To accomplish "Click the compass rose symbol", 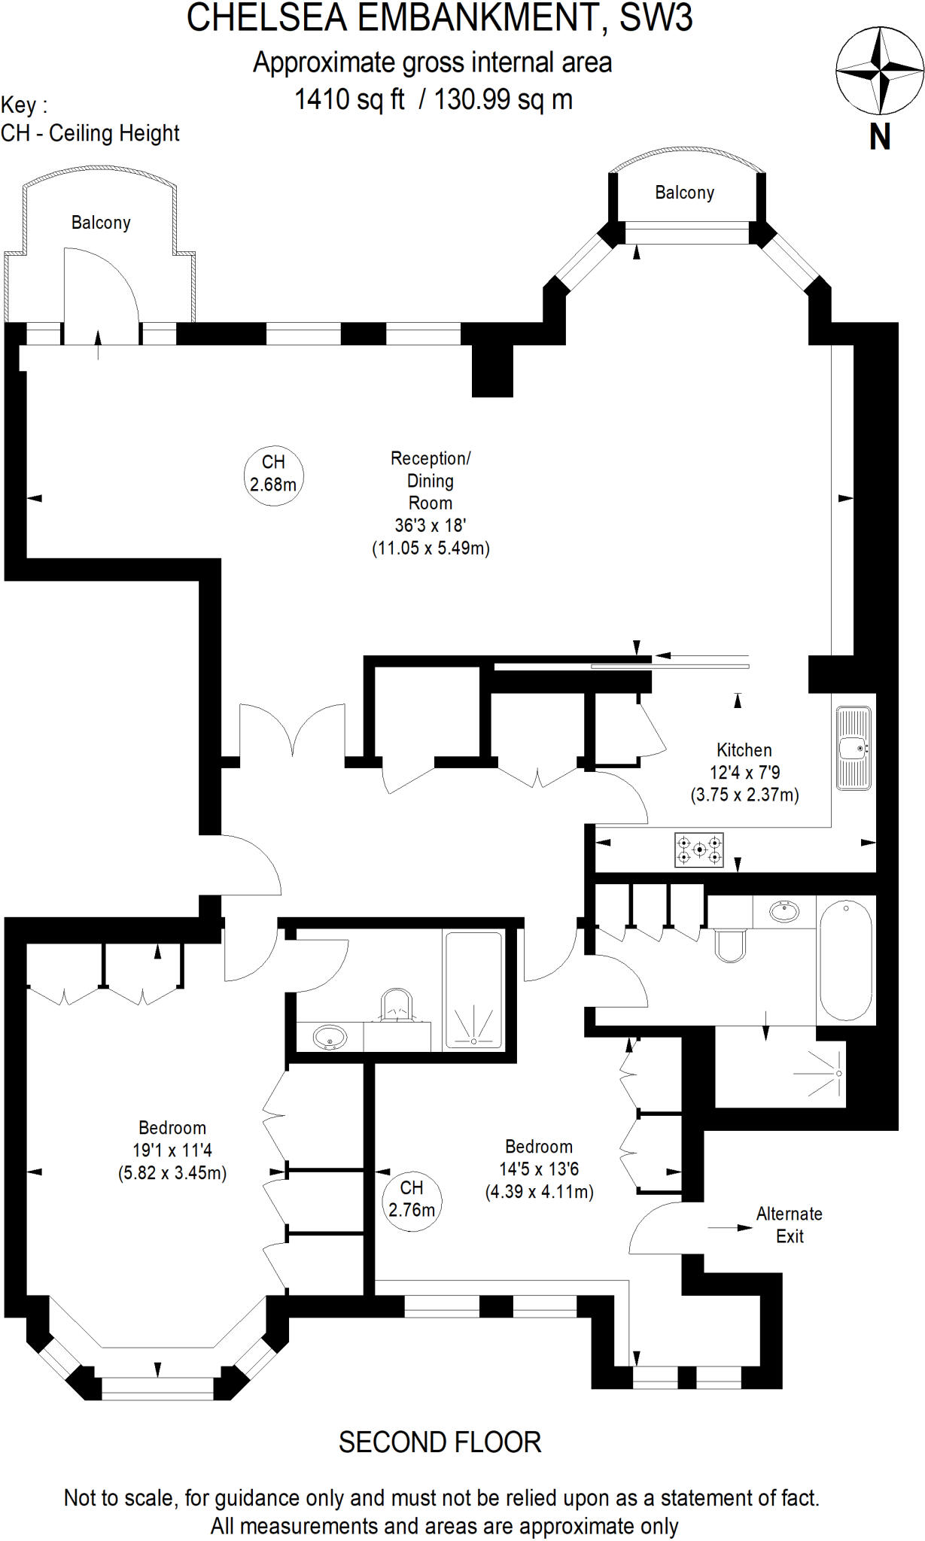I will [880, 71].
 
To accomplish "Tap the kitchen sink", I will [853, 748].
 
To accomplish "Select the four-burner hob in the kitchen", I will [699, 850].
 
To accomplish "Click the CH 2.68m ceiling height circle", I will [273, 474].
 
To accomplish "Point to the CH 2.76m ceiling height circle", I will [411, 1199].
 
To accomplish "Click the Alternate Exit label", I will [789, 1224].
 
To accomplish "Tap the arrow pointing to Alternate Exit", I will [729, 1228].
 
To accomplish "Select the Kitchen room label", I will [744, 750].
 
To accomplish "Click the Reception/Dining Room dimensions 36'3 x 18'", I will [431, 525].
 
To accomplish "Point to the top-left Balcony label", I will [101, 223].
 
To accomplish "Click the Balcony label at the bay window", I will [684, 193].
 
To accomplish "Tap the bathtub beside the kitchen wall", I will [846, 960].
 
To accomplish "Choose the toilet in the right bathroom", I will [729, 946].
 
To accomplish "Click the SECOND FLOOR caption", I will [440, 1442].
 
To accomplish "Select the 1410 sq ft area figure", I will [349, 99].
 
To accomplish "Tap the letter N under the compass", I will [880, 137].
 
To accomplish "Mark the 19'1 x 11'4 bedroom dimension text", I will [172, 1150].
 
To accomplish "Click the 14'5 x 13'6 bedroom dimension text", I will [539, 1169].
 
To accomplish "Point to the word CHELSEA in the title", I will [266, 18].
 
